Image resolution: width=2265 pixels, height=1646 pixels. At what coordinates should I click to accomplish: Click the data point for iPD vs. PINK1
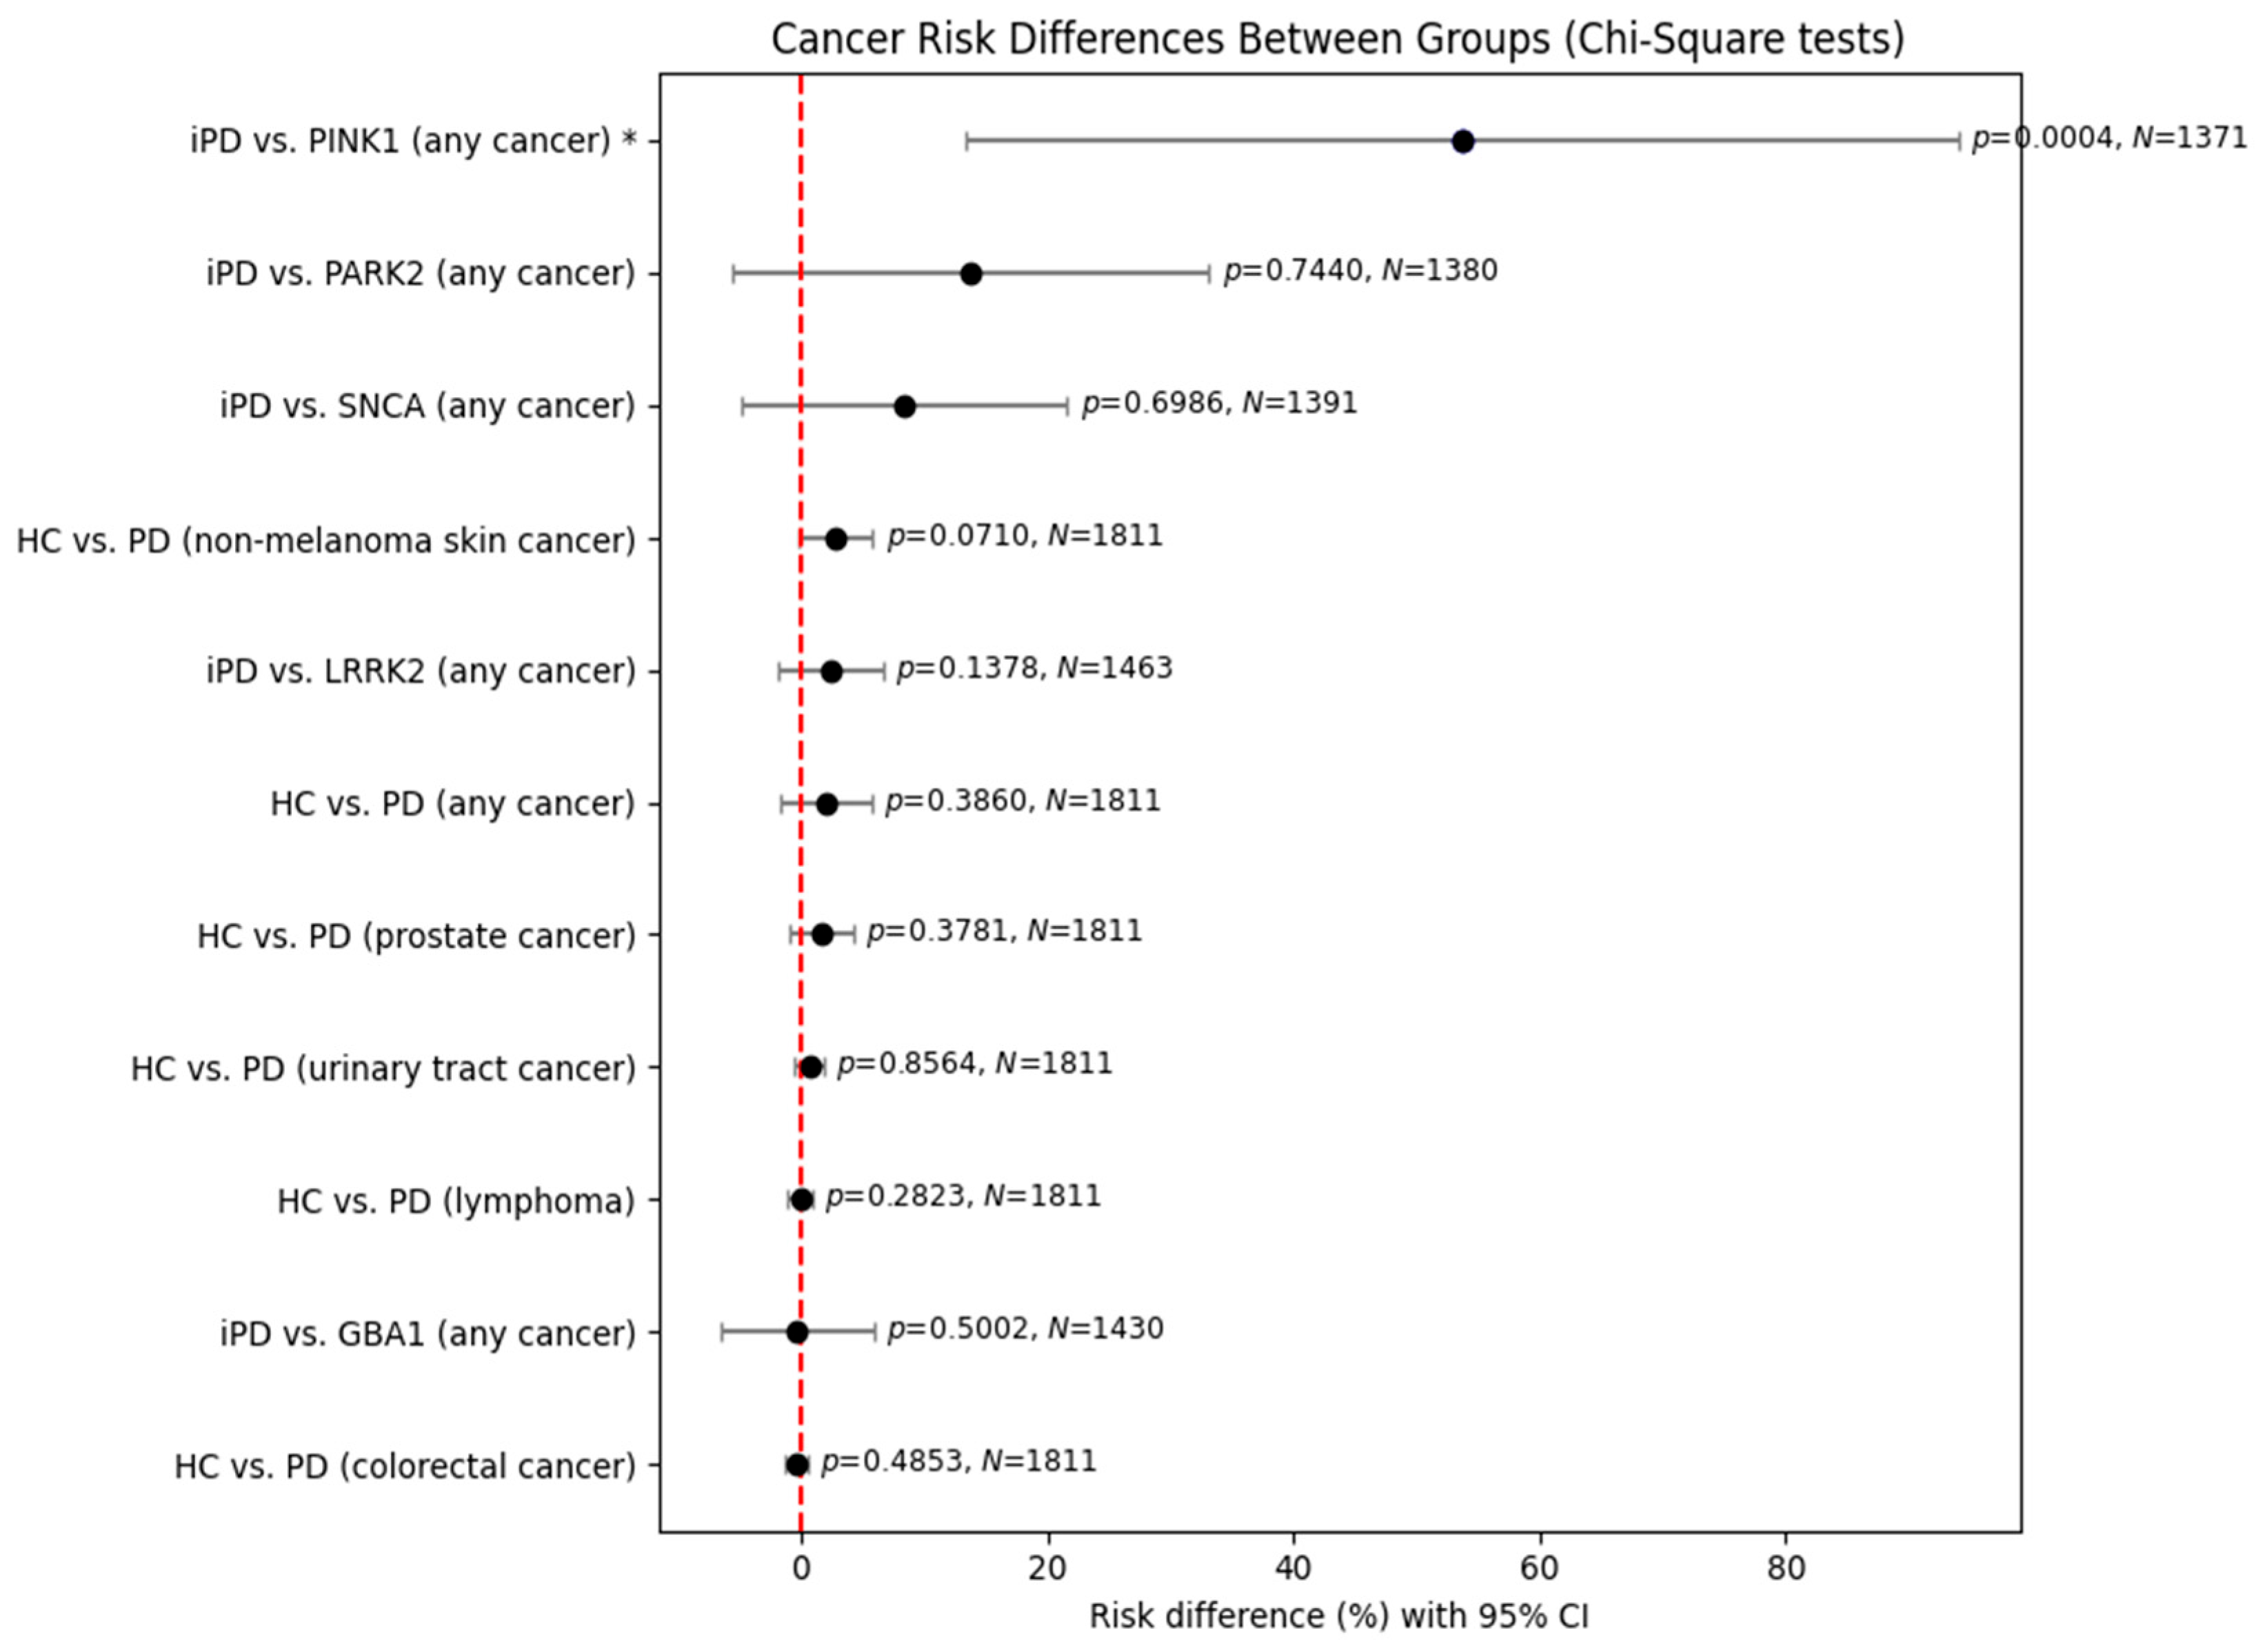click(1462, 142)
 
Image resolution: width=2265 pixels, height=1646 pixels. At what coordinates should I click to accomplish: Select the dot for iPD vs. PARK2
click(969, 274)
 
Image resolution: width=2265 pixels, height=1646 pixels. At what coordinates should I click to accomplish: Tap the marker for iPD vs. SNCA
click(905, 407)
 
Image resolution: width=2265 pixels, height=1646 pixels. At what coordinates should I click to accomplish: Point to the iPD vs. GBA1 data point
click(797, 1332)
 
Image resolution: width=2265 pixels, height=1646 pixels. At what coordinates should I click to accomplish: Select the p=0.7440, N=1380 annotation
click(1360, 271)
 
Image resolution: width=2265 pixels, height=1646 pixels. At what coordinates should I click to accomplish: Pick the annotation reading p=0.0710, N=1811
click(1025, 536)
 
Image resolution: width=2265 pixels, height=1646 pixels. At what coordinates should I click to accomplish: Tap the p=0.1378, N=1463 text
click(1035, 668)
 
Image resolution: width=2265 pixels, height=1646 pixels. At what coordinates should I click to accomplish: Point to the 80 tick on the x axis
click(1786, 1569)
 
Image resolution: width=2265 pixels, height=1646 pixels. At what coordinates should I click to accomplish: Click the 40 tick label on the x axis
click(1293, 1569)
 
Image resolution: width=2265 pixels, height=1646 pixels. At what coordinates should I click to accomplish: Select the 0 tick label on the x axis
click(801, 1569)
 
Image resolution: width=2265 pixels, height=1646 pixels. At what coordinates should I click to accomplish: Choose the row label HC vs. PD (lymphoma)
click(455, 1201)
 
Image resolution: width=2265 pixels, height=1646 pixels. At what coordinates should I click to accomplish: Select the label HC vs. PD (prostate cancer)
click(416, 937)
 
